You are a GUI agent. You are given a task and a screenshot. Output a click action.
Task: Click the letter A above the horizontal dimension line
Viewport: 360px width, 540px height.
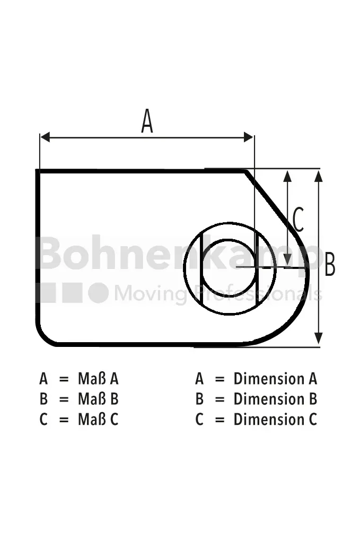(147, 121)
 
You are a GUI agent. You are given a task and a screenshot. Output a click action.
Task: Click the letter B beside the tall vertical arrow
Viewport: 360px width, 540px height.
(330, 264)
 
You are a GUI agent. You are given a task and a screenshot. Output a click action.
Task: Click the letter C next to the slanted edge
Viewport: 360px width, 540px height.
(298, 220)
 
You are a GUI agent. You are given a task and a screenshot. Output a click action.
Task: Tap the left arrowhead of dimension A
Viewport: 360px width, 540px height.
(45, 137)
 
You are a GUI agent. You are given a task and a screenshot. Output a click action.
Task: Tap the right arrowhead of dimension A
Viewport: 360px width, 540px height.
(249, 137)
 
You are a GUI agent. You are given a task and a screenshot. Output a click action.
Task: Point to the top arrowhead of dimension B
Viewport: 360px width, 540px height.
(319, 176)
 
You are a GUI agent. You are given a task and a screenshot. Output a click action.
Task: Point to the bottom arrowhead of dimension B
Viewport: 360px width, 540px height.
(319, 338)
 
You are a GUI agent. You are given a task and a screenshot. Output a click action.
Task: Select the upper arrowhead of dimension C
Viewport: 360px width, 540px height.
(287, 176)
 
